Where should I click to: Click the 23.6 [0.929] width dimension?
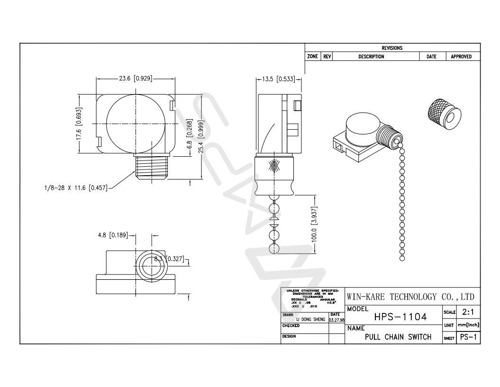(x=136, y=78)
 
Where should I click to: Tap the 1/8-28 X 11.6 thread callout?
(x=73, y=188)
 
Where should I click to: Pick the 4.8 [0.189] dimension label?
(x=113, y=235)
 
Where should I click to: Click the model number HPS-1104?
(x=400, y=317)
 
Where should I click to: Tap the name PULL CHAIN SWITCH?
(x=398, y=337)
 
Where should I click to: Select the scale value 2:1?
(x=468, y=312)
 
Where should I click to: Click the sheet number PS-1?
(x=468, y=338)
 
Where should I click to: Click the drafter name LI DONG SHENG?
(x=310, y=320)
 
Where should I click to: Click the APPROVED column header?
(x=461, y=57)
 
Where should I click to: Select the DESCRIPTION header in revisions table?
(x=371, y=57)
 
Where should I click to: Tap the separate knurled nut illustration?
(x=444, y=112)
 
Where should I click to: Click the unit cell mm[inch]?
(x=468, y=325)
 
